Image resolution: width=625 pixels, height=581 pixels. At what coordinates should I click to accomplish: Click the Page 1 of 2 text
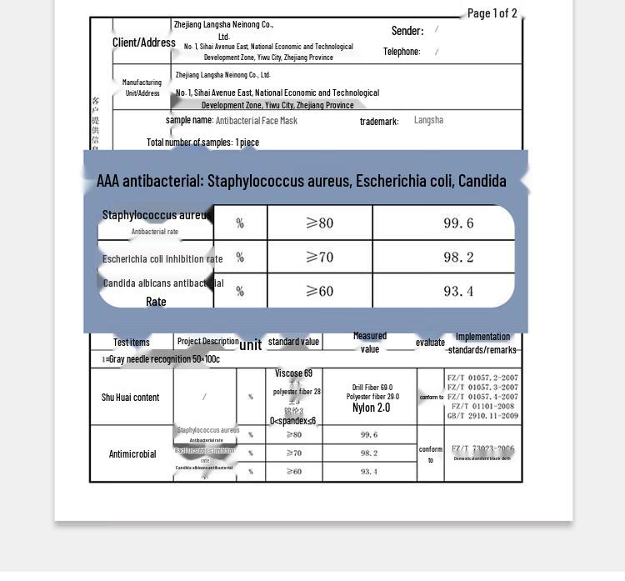[492, 13]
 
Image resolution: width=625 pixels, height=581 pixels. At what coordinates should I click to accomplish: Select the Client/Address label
[144, 43]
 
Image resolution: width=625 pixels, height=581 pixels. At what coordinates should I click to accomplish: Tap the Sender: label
[407, 31]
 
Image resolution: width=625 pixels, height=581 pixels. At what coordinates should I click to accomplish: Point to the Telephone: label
[402, 52]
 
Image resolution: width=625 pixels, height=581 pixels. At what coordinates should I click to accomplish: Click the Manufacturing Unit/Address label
[142, 88]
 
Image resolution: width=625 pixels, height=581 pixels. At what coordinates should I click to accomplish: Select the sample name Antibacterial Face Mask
[256, 121]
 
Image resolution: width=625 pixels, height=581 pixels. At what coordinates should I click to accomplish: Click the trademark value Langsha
[428, 120]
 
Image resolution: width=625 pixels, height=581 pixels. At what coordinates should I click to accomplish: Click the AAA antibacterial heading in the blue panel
[301, 181]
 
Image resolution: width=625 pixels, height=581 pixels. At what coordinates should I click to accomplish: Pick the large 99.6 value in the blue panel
[458, 223]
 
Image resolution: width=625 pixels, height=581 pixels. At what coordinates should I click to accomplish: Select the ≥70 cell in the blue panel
[319, 258]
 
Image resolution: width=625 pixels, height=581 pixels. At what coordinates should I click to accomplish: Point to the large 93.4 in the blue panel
[458, 291]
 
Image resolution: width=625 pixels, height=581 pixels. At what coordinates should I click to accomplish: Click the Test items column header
[132, 343]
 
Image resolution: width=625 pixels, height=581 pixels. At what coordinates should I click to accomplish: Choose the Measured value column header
[370, 343]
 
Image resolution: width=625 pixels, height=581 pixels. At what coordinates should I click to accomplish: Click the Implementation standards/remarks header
[482, 343]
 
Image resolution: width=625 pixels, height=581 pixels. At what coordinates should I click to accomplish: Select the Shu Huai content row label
[131, 398]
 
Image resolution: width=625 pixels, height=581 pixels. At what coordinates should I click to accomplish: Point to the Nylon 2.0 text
[371, 408]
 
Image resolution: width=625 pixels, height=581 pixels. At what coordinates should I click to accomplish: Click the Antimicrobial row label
[132, 454]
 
